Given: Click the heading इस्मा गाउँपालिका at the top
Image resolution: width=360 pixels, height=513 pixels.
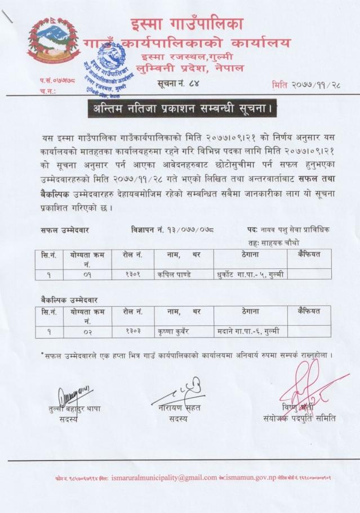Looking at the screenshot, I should point(186,24).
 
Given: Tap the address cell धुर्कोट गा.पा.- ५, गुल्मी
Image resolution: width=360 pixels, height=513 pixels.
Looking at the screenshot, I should point(246,275).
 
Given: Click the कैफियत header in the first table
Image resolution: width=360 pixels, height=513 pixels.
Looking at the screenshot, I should point(304,255).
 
